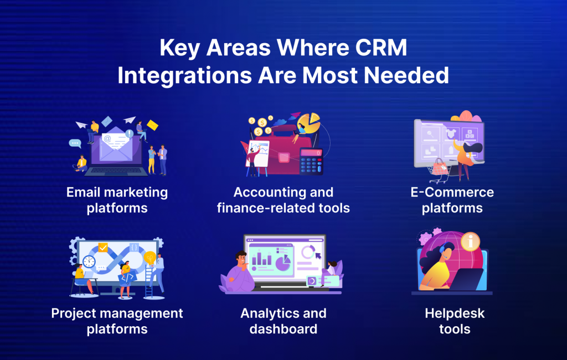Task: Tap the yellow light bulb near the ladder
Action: tap(150, 258)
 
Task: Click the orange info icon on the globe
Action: tap(470, 242)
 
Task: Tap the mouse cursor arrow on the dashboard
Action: tap(318, 255)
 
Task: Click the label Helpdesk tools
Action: tap(447, 321)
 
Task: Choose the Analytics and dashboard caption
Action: tap(283, 321)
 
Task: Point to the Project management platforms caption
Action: tap(117, 321)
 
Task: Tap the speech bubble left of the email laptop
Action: tap(75, 143)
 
